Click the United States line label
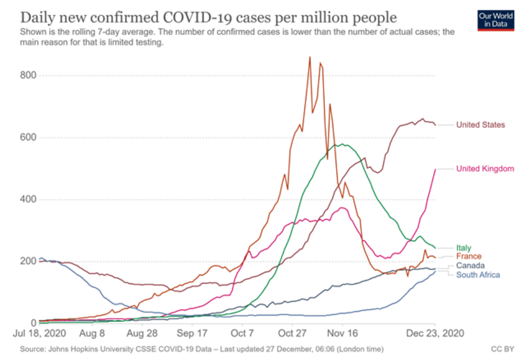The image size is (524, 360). [481, 125]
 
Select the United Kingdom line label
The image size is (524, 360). [485, 169]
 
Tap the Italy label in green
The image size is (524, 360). [463, 248]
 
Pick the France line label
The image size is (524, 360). [469, 256]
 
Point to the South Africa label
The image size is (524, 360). [477, 275]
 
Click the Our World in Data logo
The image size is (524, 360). [496, 20]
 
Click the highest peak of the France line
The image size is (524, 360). [310, 57]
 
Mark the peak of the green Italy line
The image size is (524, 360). [343, 144]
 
